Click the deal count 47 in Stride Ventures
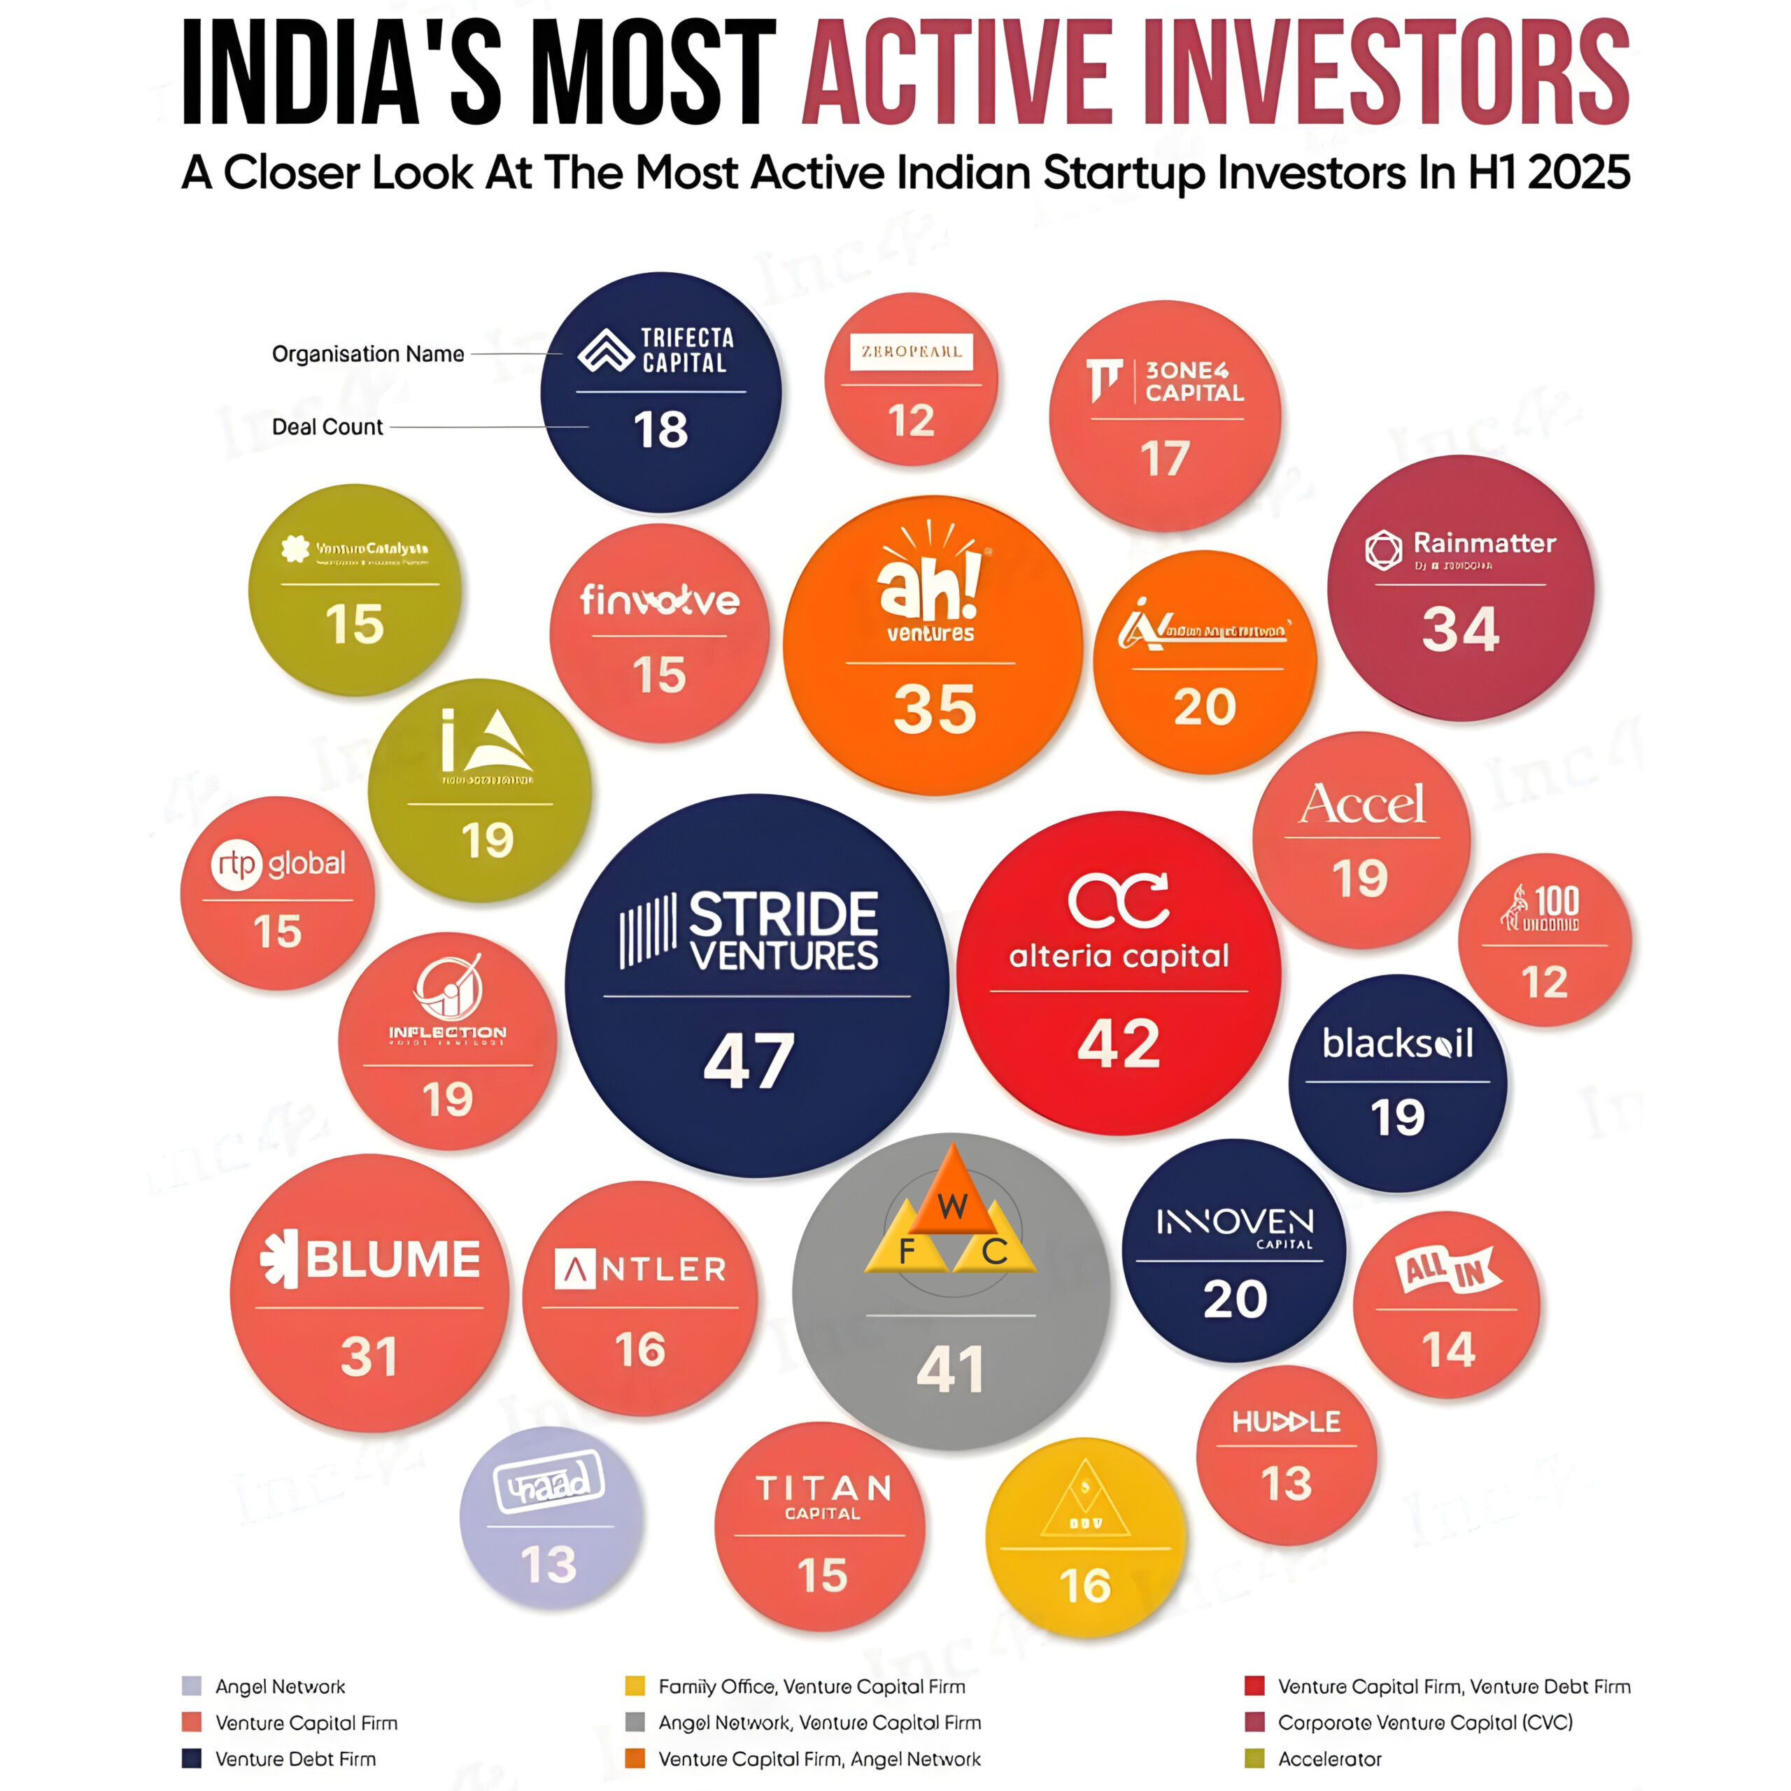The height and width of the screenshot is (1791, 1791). click(x=749, y=1061)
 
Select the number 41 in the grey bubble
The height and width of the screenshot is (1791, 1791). click(x=950, y=1370)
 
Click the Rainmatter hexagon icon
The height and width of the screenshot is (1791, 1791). click(x=1383, y=550)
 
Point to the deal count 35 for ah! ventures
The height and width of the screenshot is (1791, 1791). click(x=935, y=709)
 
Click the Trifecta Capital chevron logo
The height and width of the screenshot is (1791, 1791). click(x=605, y=351)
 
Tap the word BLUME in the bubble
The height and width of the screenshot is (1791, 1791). click(x=393, y=1259)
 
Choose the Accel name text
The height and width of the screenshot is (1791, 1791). click(x=1362, y=804)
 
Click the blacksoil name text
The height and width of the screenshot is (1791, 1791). click(x=1397, y=1044)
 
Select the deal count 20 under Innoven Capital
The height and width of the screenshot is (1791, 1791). click(x=1235, y=1298)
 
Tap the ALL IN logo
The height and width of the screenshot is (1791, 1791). click(x=1448, y=1269)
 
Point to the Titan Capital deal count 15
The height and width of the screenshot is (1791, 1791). click(x=822, y=1575)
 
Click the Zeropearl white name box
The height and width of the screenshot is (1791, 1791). click(x=912, y=351)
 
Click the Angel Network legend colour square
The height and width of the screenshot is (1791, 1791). click(x=192, y=1685)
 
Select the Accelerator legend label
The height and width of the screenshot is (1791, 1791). click(x=1329, y=1759)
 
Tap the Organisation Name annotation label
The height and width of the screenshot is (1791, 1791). click(x=368, y=354)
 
